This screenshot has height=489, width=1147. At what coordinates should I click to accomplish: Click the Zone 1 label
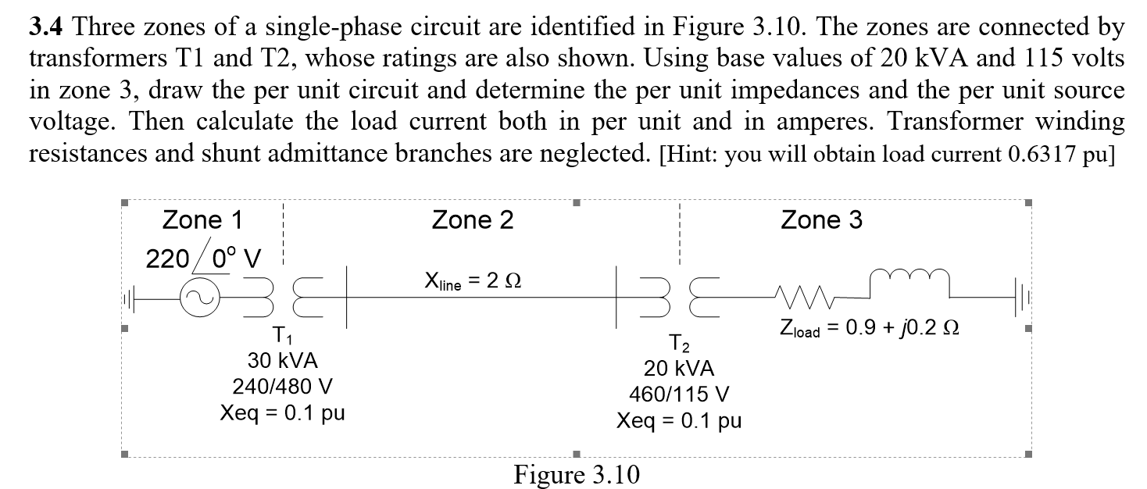(202, 220)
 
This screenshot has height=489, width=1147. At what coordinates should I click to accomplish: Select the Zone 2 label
(473, 220)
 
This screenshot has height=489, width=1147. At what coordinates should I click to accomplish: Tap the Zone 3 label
(822, 220)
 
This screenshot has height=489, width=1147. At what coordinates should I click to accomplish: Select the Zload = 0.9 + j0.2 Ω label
(868, 330)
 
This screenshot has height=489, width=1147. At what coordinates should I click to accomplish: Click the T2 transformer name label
(678, 343)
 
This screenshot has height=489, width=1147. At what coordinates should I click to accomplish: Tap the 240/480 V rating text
(282, 387)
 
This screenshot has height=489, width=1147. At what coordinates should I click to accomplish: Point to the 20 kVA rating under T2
(678, 369)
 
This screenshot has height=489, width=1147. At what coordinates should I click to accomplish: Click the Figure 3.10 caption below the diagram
(576, 474)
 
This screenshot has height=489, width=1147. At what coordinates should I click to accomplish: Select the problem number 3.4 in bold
(46, 29)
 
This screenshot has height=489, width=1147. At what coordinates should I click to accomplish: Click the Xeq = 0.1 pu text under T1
(282, 412)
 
